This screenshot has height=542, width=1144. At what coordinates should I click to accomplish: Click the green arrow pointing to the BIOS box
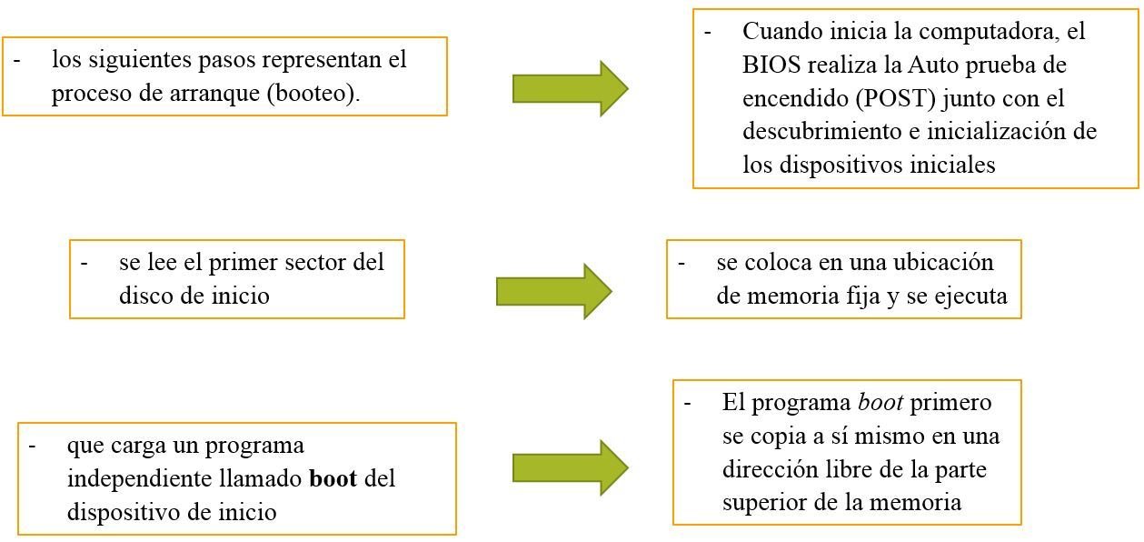(x=570, y=88)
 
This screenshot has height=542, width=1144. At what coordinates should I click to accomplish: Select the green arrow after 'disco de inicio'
(x=553, y=291)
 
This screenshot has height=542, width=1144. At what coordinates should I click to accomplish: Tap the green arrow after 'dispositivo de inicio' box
(x=570, y=467)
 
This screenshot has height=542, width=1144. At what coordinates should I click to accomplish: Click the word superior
(x=763, y=503)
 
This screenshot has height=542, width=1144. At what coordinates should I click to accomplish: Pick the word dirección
(x=767, y=469)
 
